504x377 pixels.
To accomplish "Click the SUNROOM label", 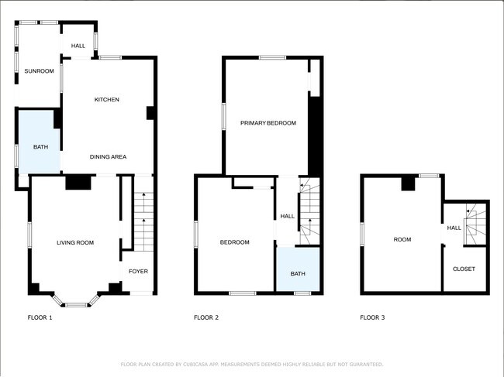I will [39, 71].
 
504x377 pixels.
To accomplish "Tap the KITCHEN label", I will [106, 99].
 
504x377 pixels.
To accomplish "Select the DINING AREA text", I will [108, 157].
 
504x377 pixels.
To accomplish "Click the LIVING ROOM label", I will [75, 242].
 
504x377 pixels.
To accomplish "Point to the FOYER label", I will [138, 271].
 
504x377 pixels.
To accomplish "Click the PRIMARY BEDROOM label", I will [268, 123].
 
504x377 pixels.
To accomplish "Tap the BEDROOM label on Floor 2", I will [234, 242].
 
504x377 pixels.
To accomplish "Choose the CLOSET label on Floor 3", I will [464, 269].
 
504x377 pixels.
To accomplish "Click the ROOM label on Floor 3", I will [402, 239].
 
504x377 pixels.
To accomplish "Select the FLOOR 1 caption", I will [40, 317].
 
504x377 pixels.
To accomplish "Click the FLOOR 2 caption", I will [206, 317].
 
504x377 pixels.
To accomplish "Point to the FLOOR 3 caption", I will [372, 317].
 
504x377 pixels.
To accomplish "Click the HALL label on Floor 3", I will [454, 228].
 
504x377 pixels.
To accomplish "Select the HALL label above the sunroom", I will [78, 46].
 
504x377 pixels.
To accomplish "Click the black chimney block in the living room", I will [78, 182].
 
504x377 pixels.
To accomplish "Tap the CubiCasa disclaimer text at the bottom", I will [252, 364].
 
